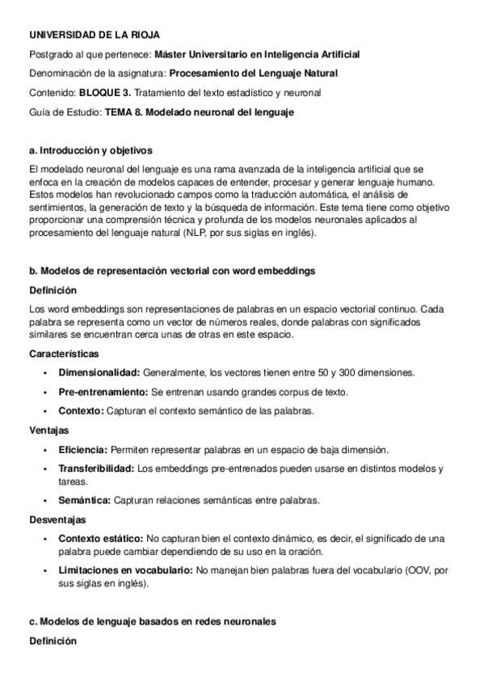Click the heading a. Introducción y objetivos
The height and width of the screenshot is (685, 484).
click(x=90, y=151)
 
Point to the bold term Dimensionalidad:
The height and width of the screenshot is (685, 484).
click(x=99, y=372)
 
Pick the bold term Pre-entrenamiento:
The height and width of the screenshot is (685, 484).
click(x=103, y=392)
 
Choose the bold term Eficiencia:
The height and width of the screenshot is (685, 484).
click(x=82, y=449)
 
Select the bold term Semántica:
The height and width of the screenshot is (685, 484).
click(x=85, y=501)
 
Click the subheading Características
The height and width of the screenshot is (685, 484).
click(x=64, y=354)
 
